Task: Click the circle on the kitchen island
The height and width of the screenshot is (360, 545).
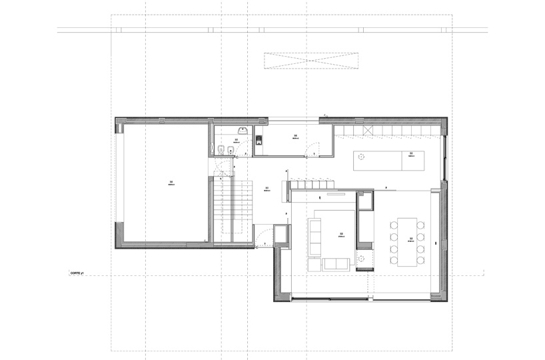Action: coord(361,157)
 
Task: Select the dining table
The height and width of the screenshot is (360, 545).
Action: coord(404,241)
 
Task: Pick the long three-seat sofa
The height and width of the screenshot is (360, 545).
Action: coord(314,237)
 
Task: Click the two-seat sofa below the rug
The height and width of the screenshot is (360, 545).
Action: coord(332,265)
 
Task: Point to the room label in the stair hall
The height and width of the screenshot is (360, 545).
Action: coord(267,189)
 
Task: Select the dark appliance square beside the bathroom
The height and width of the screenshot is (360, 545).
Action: coord(258,139)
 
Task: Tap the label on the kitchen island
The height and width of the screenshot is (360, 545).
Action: coord(412,155)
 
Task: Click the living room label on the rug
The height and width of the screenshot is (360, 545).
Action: coord(340,235)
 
